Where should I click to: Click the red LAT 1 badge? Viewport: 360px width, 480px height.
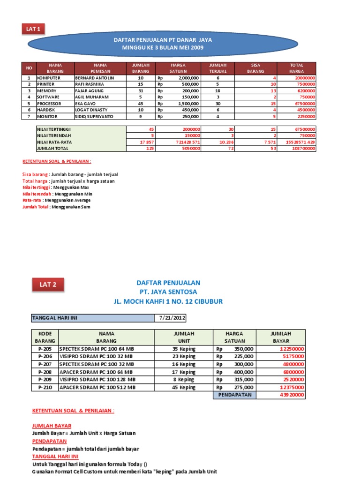click(33, 29)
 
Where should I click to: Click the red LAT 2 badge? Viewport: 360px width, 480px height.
click(48, 284)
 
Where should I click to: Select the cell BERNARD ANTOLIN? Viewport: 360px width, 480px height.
click(94, 78)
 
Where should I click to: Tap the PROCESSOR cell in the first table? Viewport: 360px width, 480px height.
click(49, 103)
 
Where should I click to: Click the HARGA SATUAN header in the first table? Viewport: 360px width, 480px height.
click(179, 68)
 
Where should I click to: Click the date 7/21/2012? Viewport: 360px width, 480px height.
click(172, 318)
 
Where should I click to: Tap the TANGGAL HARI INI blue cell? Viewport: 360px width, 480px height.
click(92, 318)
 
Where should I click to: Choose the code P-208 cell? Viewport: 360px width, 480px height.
click(45, 372)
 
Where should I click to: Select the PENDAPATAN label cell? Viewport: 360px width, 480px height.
click(235, 395)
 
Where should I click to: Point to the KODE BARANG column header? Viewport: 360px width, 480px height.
click(45, 337)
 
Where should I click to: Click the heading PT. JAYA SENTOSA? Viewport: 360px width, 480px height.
click(168, 292)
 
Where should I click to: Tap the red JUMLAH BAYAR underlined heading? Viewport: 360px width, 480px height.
click(52, 426)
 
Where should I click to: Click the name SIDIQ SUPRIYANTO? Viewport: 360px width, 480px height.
click(94, 116)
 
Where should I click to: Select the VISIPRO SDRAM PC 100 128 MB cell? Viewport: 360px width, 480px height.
click(97, 380)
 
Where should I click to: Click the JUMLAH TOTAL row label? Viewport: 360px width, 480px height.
click(52, 148)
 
